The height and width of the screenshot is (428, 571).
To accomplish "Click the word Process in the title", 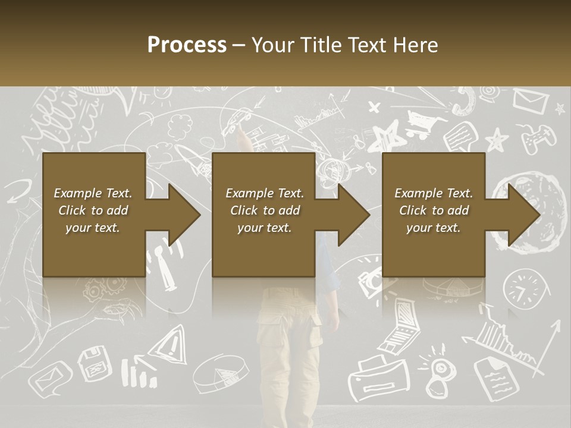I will pos(187,45).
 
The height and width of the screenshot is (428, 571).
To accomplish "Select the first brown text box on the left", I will pos(93,214).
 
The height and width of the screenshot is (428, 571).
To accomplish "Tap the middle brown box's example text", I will pos(265,210).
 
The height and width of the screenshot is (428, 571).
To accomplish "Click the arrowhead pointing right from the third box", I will pos(523,214).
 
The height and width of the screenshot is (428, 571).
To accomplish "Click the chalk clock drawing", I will pos(523,288).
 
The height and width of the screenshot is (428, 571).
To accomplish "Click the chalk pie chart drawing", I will pos(222,373).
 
